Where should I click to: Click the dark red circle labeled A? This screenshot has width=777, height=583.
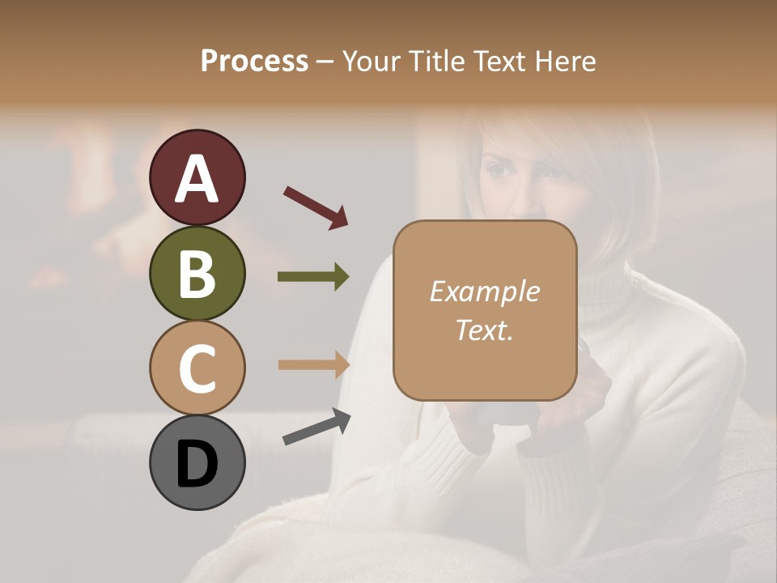pyautogui.click(x=197, y=177)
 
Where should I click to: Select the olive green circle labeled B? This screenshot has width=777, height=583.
pyautogui.click(x=197, y=273)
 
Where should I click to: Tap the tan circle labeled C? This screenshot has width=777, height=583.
pyautogui.click(x=197, y=368)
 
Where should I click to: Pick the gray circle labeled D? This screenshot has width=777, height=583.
pyautogui.click(x=197, y=462)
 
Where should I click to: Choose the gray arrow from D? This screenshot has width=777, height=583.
pyautogui.click(x=316, y=427)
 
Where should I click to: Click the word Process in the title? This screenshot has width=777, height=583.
pyautogui.click(x=254, y=62)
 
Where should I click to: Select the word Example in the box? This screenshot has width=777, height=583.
pyautogui.click(x=484, y=291)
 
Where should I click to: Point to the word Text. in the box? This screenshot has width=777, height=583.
pyautogui.click(x=484, y=330)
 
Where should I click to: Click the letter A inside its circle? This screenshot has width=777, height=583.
pyautogui.click(x=197, y=179)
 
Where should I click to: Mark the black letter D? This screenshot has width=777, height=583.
pyautogui.click(x=197, y=465)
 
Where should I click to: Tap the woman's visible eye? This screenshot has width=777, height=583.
pyautogui.click(x=500, y=172)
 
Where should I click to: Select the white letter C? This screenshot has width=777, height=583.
pyautogui.click(x=197, y=369)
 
